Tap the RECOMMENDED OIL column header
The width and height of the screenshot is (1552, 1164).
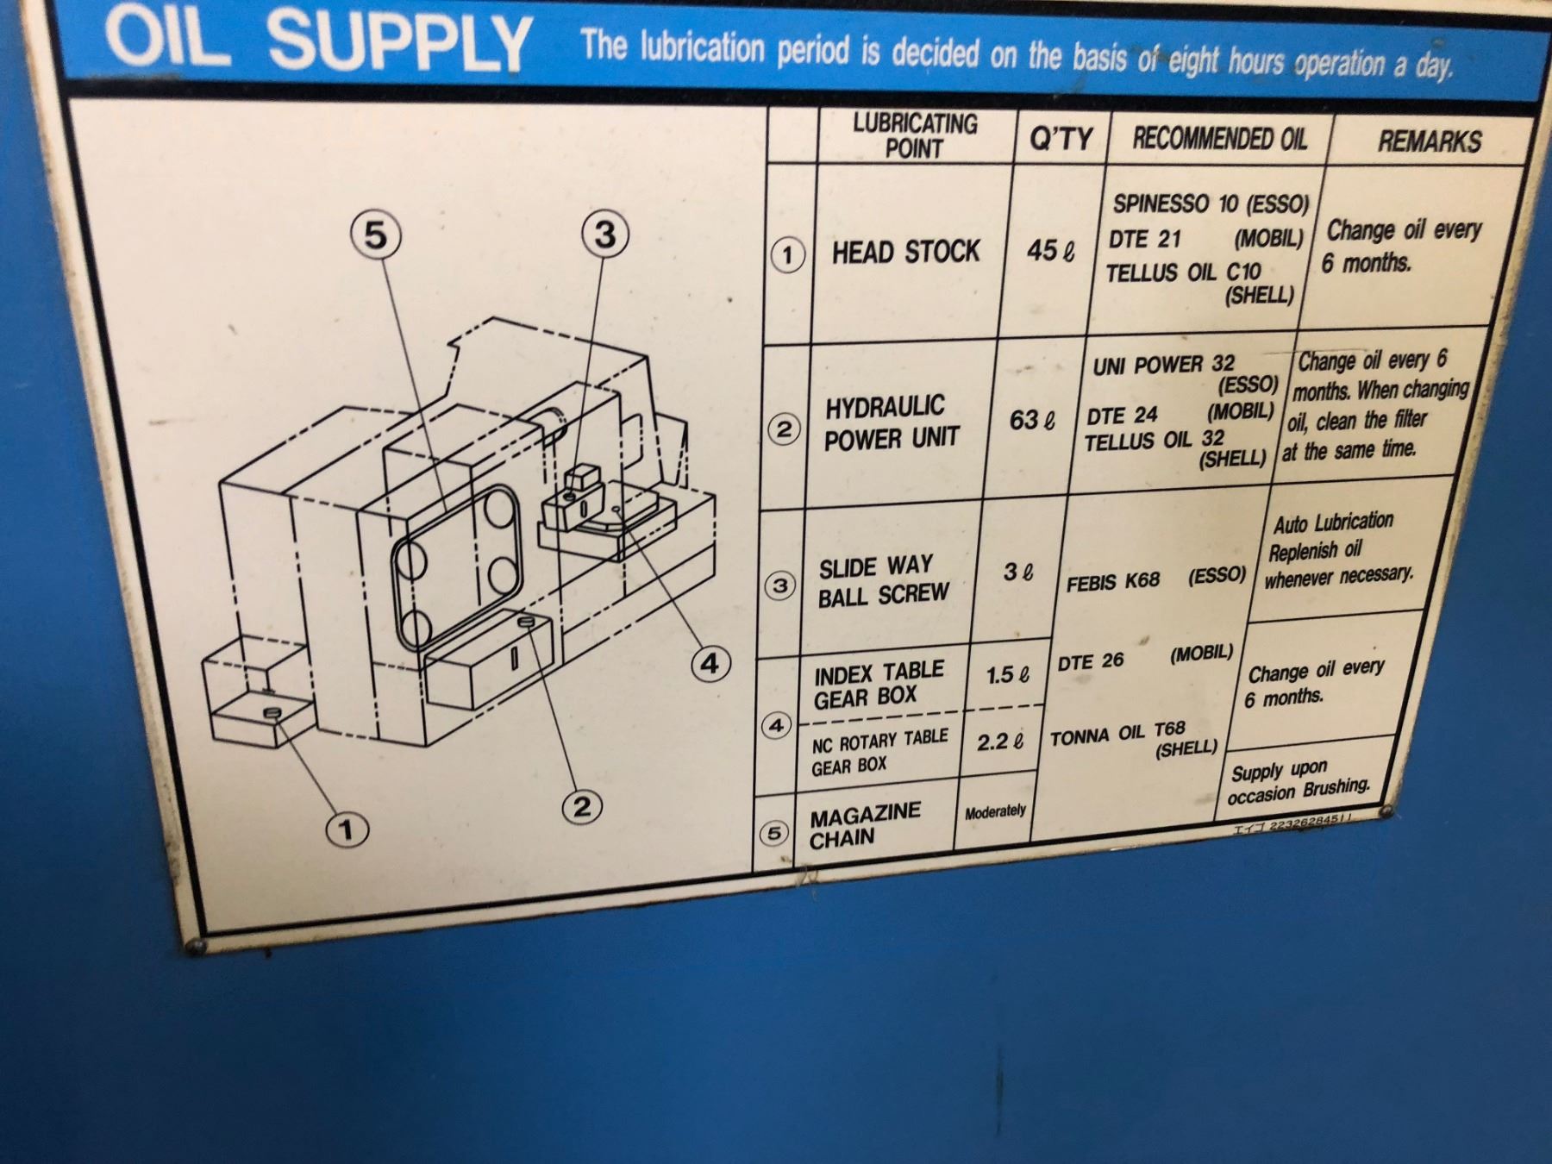click(1219, 138)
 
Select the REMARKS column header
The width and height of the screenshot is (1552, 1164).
click(1430, 141)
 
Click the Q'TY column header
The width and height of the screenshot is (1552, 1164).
click(1061, 138)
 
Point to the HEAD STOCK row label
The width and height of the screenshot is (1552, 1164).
click(905, 252)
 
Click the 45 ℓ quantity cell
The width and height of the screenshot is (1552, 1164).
click(1051, 251)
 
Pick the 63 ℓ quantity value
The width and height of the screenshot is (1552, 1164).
click(1032, 420)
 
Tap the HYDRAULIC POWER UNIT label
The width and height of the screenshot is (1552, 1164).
click(891, 422)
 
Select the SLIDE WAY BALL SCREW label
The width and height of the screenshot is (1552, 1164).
click(883, 581)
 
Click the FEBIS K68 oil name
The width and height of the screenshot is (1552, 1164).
click(1113, 582)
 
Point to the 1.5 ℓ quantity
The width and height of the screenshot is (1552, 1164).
click(1007, 674)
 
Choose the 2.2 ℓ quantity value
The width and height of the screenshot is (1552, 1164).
click(1000, 742)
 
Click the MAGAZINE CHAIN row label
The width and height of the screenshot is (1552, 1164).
click(864, 825)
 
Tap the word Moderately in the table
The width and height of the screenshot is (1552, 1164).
click(995, 811)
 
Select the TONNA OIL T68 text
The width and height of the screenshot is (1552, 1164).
click(1117, 734)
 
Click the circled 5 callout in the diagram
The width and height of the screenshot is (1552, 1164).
click(376, 235)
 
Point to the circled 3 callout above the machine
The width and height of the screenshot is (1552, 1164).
click(604, 235)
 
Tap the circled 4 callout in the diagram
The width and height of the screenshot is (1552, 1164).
click(709, 664)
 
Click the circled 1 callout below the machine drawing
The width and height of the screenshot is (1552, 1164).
click(346, 829)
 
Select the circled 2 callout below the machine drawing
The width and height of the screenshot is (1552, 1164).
click(582, 806)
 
